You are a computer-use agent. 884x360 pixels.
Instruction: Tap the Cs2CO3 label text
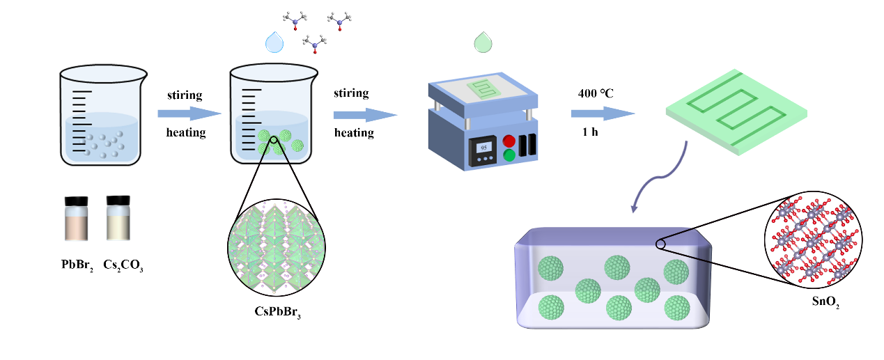click(123, 265)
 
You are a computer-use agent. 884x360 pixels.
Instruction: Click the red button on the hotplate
click(509, 140)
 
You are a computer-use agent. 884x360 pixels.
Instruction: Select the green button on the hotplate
click(509, 155)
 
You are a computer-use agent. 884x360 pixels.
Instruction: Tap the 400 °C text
click(596, 93)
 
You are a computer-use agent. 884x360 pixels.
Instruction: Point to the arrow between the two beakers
click(185, 114)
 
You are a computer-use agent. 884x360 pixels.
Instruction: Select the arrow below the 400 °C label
click(603, 114)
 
